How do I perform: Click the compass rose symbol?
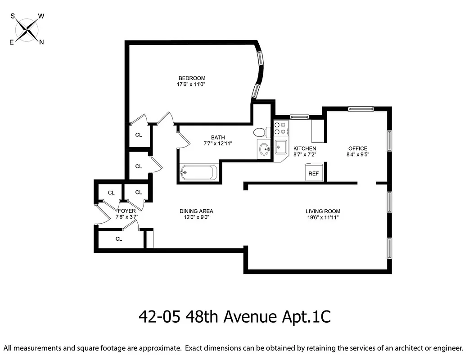tap(27, 30)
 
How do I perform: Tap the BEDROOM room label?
tap(191, 78)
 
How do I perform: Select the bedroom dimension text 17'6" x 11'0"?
tap(191, 84)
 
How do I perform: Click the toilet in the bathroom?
tap(259, 132)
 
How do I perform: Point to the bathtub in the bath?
tap(198, 173)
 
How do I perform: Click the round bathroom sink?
tap(264, 149)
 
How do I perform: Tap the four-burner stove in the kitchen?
tap(281, 128)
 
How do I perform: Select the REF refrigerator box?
tap(313, 173)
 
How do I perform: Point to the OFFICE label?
tap(358, 148)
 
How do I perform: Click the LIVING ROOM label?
tap(323, 211)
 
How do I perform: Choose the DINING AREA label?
tap(196, 211)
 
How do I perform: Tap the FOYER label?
tap(126, 210)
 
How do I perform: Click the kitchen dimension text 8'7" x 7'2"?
tap(305, 154)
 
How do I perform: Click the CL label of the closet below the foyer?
tap(119, 239)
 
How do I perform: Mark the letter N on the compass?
tap(41, 42)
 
